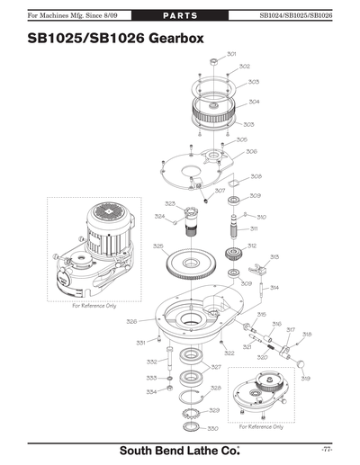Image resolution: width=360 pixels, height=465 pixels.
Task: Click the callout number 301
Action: (x=232, y=54)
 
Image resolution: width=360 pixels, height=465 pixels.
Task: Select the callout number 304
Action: (x=255, y=102)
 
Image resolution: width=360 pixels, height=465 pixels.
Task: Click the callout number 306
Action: (x=252, y=152)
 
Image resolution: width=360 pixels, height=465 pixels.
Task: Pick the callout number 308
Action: (x=256, y=176)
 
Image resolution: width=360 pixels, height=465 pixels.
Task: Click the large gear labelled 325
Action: (x=193, y=263)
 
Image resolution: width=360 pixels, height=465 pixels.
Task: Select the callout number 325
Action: (x=157, y=246)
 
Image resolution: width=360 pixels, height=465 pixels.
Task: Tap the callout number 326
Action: (x=131, y=321)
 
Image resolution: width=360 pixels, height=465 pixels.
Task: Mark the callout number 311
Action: (x=255, y=228)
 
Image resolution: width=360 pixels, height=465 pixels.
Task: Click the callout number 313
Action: (x=274, y=256)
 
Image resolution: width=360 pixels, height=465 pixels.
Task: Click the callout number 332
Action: (x=151, y=362)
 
